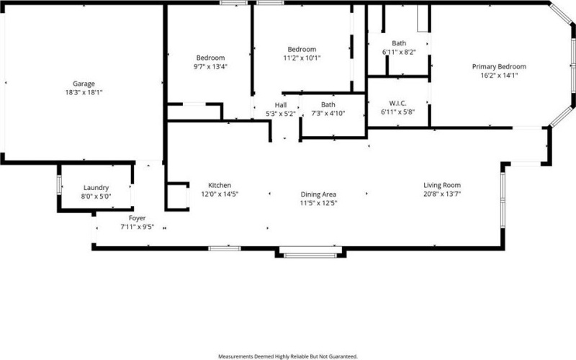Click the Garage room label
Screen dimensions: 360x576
84,84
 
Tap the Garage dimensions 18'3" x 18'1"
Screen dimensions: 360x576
84,92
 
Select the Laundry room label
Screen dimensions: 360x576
96,188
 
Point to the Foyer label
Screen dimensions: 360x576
137,217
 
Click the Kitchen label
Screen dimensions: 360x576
220,185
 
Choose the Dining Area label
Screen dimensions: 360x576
319,194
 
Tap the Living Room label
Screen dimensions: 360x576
442,185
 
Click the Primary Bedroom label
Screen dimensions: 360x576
499,66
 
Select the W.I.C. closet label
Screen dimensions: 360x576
398,102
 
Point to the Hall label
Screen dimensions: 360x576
280,105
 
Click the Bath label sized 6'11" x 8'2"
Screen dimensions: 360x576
398,44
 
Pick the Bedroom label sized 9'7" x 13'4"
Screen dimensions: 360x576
211,58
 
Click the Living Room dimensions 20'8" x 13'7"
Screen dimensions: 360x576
442,194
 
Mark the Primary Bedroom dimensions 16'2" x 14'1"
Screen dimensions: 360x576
499,75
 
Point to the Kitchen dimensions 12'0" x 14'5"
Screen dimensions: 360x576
220,194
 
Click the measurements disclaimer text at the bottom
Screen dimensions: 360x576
288,356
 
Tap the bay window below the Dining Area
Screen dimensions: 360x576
310,253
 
